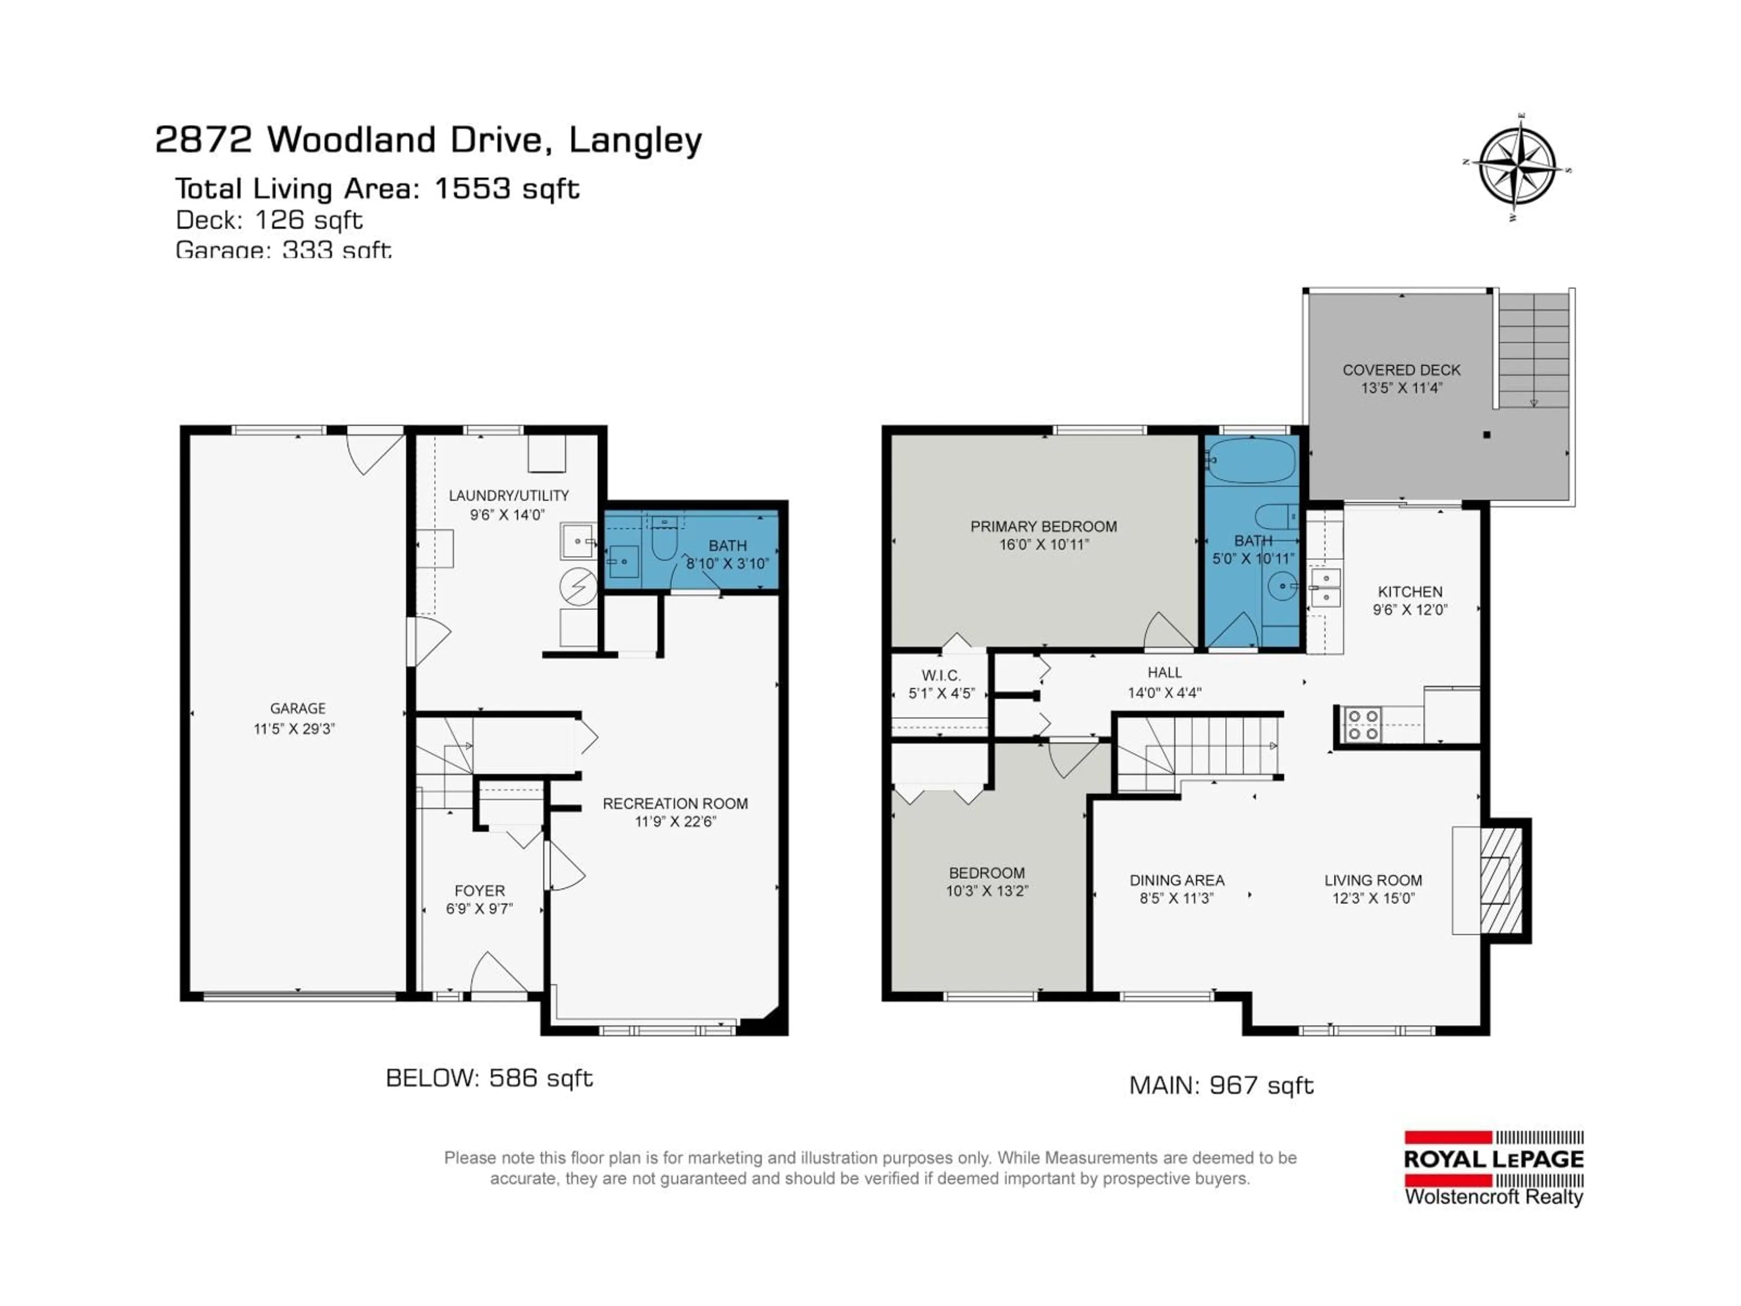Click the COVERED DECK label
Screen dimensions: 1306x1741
(x=1401, y=370)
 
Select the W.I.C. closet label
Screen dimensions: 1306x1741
(x=941, y=675)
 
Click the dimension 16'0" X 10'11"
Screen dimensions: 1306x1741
(x=1044, y=545)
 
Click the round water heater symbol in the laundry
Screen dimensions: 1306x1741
(x=579, y=586)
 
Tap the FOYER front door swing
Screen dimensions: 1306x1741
(x=496, y=975)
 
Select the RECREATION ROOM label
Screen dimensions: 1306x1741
(x=675, y=804)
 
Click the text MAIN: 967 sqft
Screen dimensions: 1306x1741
(x=1221, y=1086)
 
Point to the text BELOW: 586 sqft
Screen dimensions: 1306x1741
(x=489, y=1078)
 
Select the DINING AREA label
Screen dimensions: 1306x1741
(x=1177, y=880)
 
